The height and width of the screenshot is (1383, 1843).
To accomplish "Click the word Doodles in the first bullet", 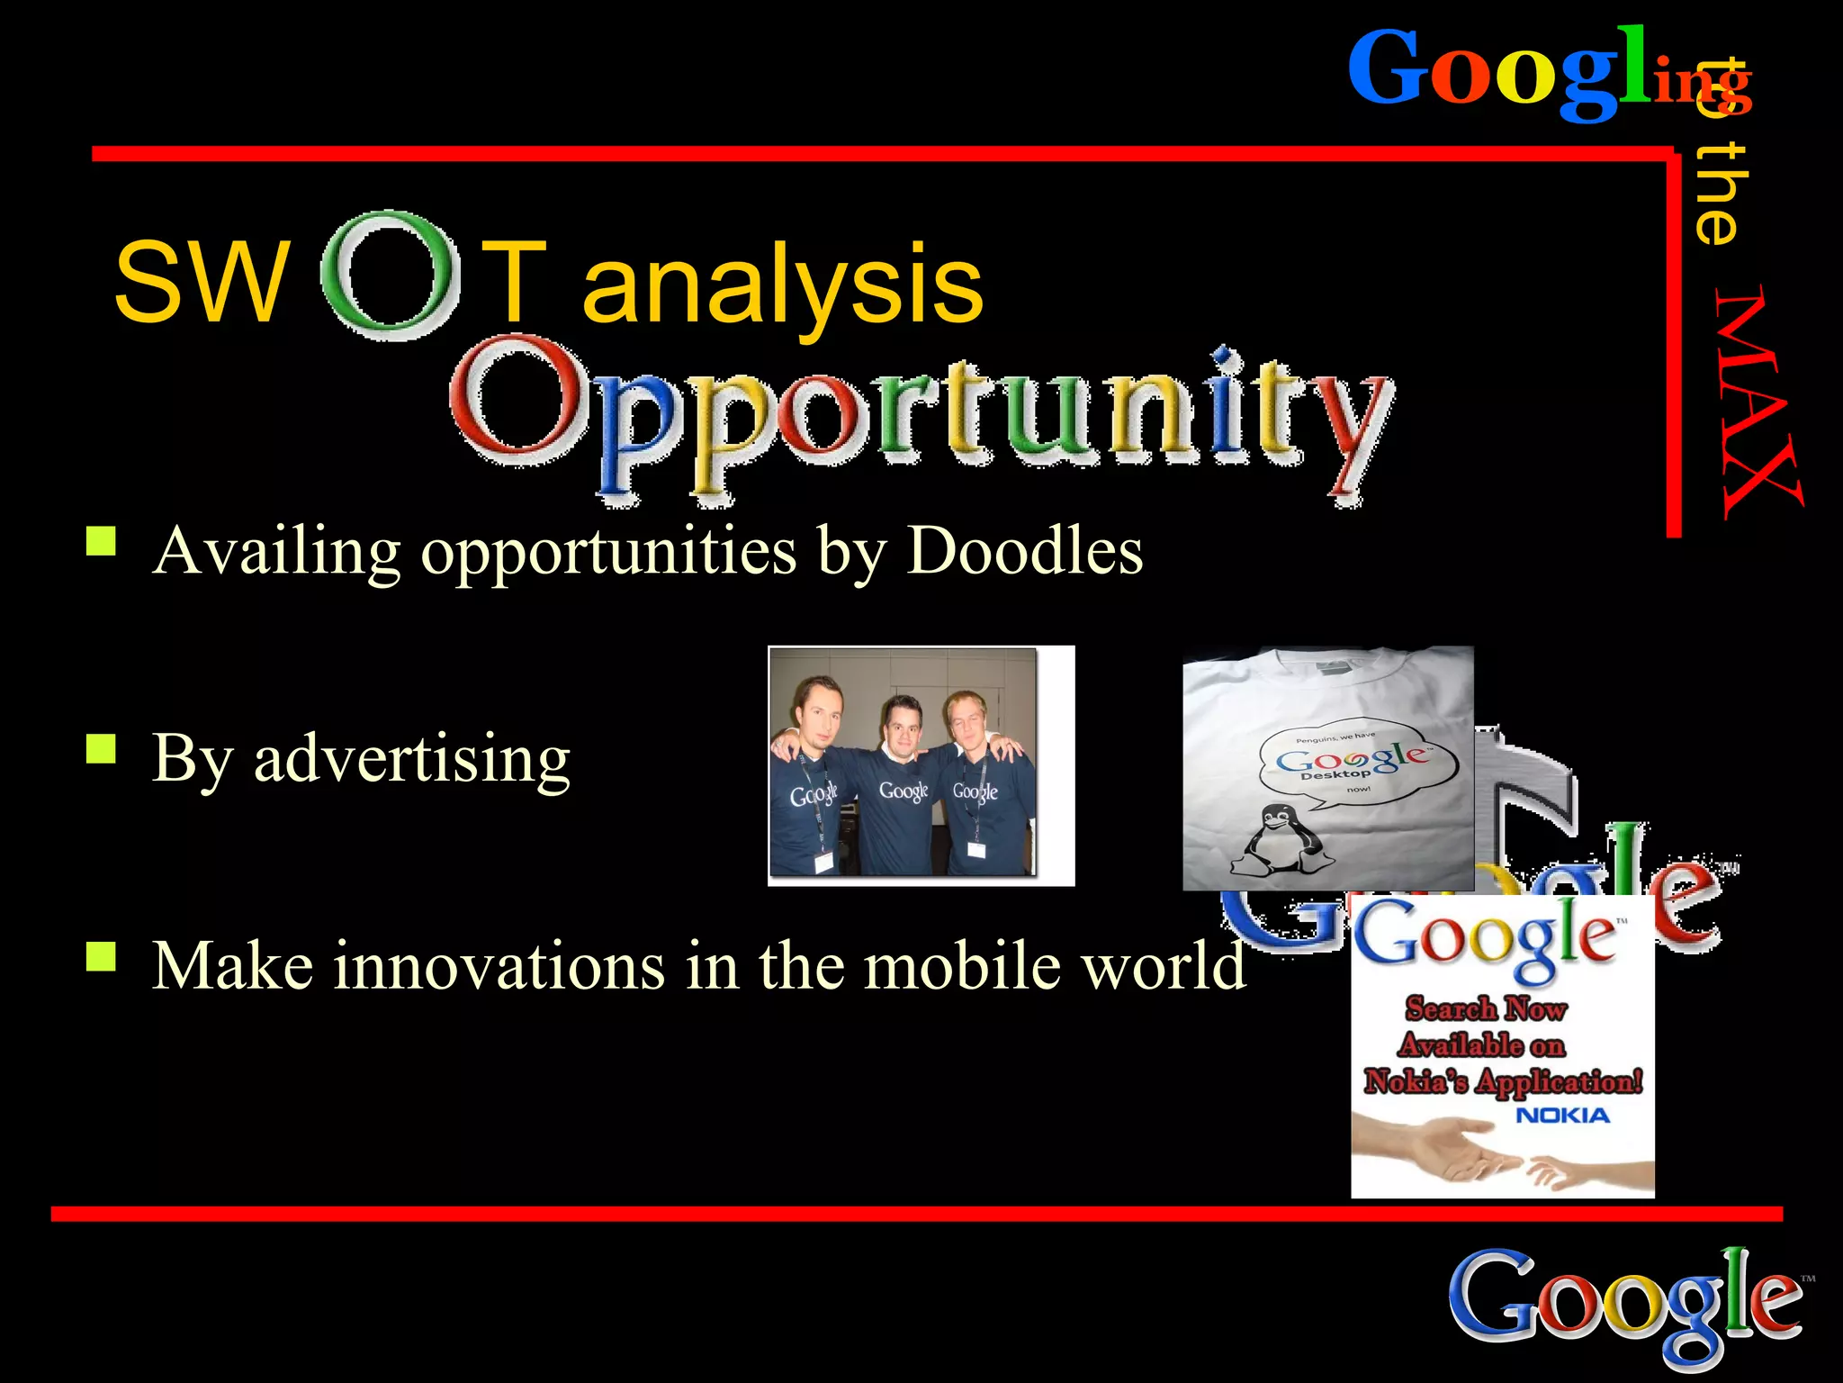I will point(1025,550).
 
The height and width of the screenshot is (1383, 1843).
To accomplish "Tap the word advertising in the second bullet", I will point(412,759).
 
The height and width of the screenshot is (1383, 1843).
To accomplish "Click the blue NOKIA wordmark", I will point(1562,1116).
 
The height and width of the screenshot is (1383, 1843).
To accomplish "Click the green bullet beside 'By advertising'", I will point(101,748).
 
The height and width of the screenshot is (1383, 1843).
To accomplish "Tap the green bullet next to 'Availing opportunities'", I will point(101,540).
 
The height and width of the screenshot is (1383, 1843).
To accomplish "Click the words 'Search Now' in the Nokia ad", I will point(1487,1008).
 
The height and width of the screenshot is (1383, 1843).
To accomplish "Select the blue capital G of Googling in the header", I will point(1391,70).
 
